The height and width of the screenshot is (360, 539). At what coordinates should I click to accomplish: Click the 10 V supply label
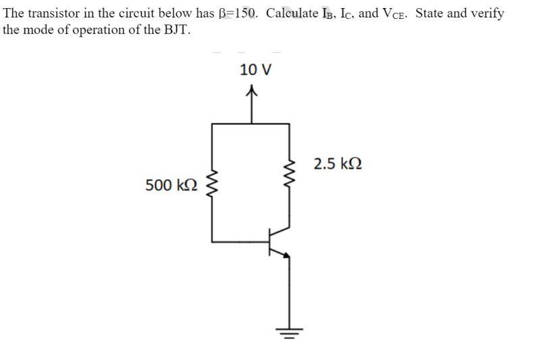pos(255,70)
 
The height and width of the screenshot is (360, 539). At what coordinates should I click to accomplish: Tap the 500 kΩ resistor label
pos(172,184)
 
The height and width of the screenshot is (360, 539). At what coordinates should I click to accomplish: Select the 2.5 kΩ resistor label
pos(338,163)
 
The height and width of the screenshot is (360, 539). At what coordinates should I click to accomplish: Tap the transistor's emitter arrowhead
pos(286,255)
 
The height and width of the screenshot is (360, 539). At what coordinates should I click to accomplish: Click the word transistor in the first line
pos(51,14)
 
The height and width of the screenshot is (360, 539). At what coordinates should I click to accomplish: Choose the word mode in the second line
pos(41,30)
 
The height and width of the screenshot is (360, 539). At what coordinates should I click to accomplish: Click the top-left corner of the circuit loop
pos(213,124)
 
